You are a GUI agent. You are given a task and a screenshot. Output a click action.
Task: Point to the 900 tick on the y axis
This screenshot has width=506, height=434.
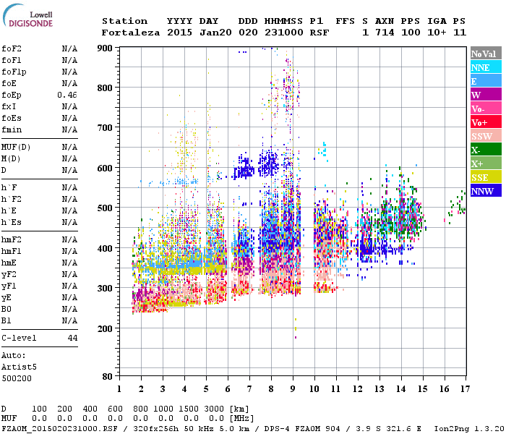(x=106, y=48)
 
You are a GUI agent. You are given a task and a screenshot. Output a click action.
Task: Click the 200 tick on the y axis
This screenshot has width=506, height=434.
(x=106, y=328)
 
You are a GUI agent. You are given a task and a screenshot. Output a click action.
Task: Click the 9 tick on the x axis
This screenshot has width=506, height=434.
(x=293, y=388)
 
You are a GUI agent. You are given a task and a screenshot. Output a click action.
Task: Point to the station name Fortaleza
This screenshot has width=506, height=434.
(x=131, y=33)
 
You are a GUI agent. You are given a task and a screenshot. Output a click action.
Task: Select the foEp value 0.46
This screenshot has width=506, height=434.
(x=68, y=95)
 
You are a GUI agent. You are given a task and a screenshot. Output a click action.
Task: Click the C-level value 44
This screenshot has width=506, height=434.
(x=72, y=338)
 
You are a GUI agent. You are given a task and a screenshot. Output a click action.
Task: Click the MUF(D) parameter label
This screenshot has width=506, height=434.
(x=15, y=147)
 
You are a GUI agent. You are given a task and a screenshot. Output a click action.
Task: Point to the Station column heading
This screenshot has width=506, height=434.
(x=124, y=21)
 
